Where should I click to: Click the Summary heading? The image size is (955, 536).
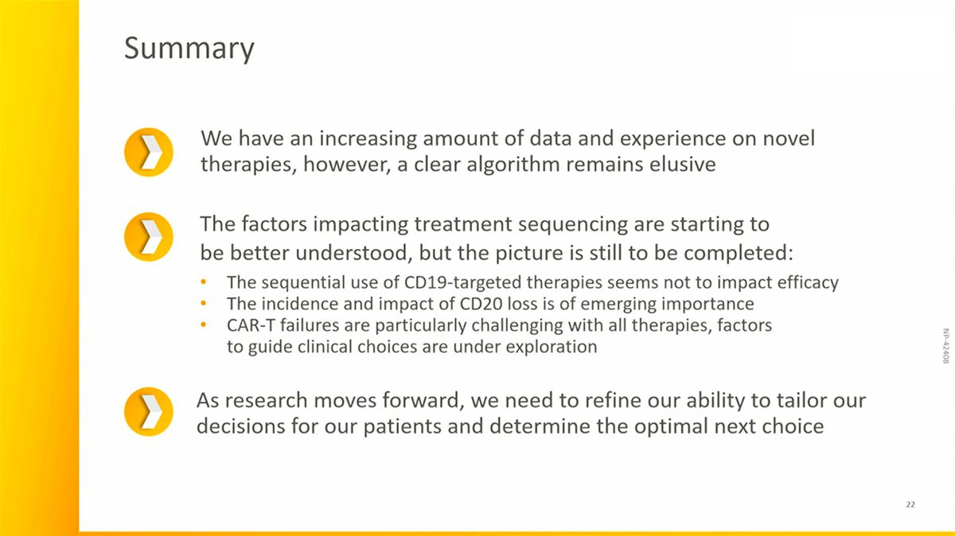click(189, 49)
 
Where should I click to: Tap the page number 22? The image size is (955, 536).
click(910, 504)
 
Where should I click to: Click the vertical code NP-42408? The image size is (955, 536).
click(945, 346)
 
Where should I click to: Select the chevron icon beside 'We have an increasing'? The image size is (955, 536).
click(148, 152)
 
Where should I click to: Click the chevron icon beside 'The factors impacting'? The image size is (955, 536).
click(148, 236)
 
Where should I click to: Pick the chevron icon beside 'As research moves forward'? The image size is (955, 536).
click(148, 411)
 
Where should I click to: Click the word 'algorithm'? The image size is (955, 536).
click(513, 165)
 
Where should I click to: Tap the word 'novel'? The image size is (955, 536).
click(789, 138)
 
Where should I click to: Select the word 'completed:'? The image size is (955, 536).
click(739, 254)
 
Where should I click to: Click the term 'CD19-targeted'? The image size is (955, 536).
click(462, 283)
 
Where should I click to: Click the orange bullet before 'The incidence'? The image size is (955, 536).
click(204, 303)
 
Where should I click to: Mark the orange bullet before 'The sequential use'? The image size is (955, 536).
click(204, 282)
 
